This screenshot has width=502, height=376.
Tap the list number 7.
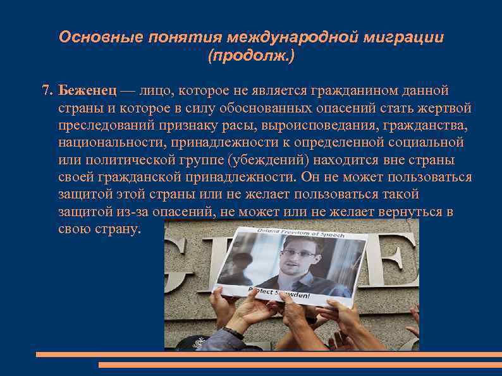click(x=46, y=90)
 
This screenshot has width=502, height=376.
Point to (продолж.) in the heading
click(x=251, y=57)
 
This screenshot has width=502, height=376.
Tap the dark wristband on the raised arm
click(x=235, y=329)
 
